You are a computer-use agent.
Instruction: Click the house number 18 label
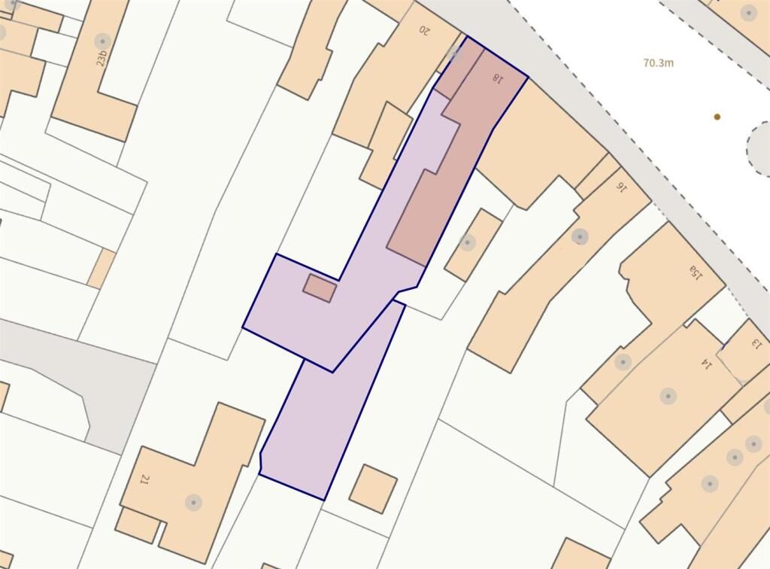[x=496, y=77]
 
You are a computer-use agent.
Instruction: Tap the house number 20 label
[x=425, y=31]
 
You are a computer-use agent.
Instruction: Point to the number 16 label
[x=622, y=185]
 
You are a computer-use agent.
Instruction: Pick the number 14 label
[x=706, y=364]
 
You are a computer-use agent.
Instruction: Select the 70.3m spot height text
[x=659, y=63]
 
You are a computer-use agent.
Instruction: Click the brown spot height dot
[x=717, y=117]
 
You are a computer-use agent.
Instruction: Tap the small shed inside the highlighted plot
[x=319, y=288]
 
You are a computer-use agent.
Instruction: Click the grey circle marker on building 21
[x=193, y=502]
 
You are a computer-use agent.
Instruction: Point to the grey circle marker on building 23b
[x=102, y=41]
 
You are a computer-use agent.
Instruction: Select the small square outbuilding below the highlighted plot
[x=373, y=488]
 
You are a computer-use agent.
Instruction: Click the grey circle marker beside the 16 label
[x=580, y=236]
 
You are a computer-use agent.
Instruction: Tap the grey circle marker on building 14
[x=668, y=396]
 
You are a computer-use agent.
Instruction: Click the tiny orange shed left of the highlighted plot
[x=102, y=269]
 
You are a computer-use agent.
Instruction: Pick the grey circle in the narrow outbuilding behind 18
[x=468, y=242]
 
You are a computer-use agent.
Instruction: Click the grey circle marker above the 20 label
[x=453, y=51]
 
